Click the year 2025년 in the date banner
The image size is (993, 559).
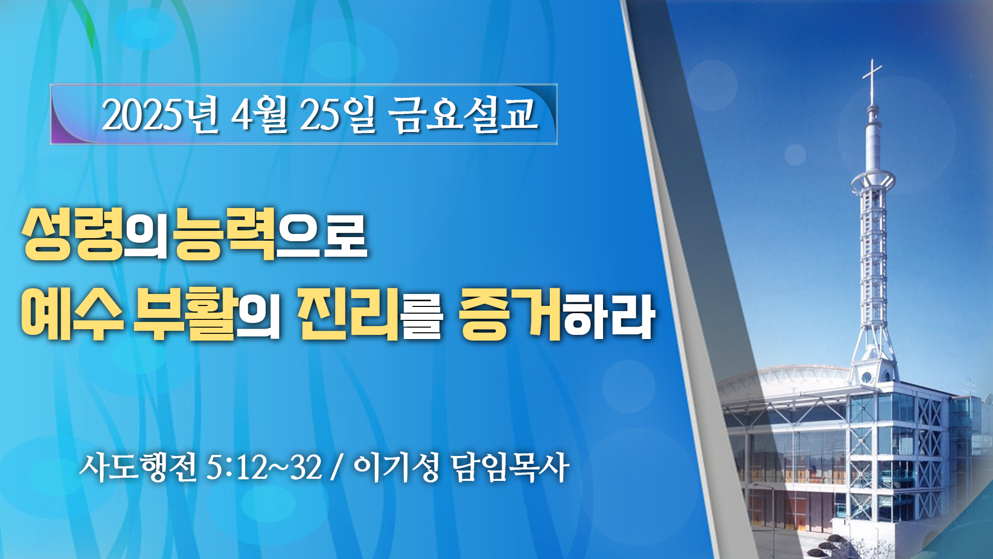(161, 114)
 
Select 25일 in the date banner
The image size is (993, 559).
(337, 114)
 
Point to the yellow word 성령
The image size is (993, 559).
(72, 234)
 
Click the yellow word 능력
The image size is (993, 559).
(224, 234)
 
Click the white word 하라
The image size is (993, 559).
(609, 316)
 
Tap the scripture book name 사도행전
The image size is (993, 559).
(138, 467)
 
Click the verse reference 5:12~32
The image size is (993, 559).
(264, 467)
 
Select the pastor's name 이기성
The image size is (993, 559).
(397, 467)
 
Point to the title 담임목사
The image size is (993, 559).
(510, 467)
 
